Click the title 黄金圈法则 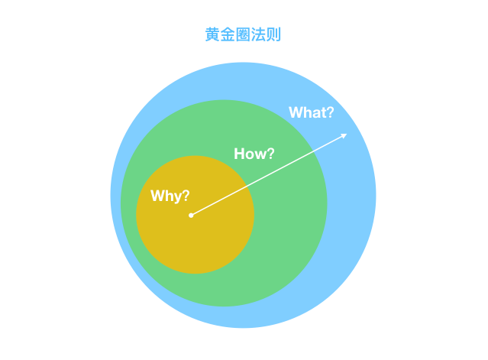tap(244, 35)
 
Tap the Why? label tap(170, 196)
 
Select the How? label tap(254, 154)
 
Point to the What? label tap(311, 112)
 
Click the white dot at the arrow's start tap(191, 216)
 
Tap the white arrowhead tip tap(346, 135)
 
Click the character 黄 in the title tap(213, 35)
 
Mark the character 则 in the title tap(276, 35)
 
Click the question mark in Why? tap(186, 196)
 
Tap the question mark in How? tap(270, 154)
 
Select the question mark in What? tap(329, 112)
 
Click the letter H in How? tap(239, 154)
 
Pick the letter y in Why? tap(176, 198)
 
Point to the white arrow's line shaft tap(267, 176)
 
